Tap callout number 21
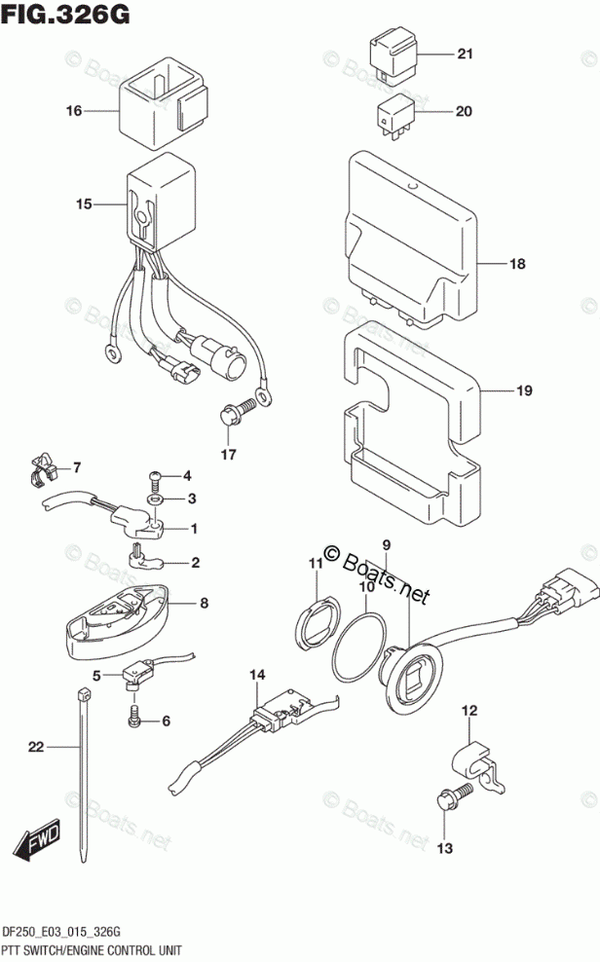(x=465, y=54)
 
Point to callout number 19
(x=524, y=391)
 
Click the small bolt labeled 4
(x=156, y=477)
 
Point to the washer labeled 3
(x=155, y=499)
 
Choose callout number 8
(x=204, y=604)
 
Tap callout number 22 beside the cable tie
(x=36, y=748)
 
